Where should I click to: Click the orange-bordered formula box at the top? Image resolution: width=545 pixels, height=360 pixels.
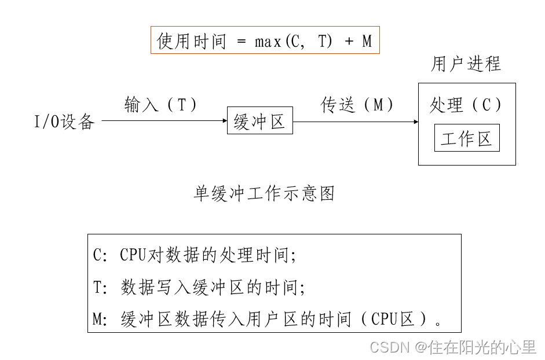(265, 40)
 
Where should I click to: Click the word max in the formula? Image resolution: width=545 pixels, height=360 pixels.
(268, 41)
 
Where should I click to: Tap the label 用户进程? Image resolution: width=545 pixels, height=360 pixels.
(466, 64)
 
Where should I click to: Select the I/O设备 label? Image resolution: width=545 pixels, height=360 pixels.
(64, 122)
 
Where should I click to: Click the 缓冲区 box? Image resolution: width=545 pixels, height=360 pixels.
(259, 121)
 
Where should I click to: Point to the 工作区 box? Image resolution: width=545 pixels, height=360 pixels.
(466, 138)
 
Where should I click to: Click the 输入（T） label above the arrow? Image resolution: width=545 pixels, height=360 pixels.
(161, 105)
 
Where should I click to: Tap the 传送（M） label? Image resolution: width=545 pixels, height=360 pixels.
(357, 105)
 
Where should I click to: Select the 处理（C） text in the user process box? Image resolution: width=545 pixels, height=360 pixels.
(466, 105)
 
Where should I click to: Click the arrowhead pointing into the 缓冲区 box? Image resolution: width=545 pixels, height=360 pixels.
(225, 121)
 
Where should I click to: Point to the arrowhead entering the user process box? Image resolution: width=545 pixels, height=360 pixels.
(416, 122)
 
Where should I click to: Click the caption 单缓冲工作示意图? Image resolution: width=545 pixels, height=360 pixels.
(264, 193)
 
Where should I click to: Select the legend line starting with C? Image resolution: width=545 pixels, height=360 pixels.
(195, 255)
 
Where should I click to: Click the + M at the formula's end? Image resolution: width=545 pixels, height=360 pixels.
(359, 41)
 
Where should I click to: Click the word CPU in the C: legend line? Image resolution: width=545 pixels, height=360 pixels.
(134, 255)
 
